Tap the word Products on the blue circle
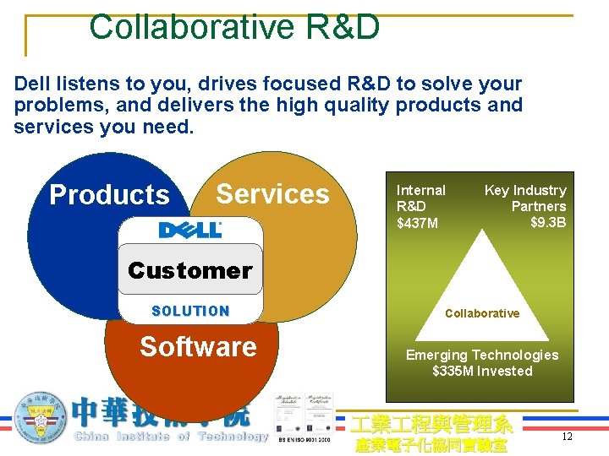[109, 194]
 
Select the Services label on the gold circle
[272, 193]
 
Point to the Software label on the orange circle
[198, 346]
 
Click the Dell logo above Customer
[190, 230]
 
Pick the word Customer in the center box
[190, 270]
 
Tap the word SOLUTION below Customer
[190, 311]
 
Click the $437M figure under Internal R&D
[418, 223]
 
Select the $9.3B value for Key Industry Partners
[548, 222]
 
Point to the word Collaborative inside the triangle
[482, 313]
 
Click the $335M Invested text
[482, 371]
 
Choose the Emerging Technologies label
[482, 356]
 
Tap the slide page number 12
[568, 437]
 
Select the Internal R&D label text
[420, 198]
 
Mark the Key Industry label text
[524, 191]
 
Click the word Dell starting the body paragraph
[32, 84]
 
